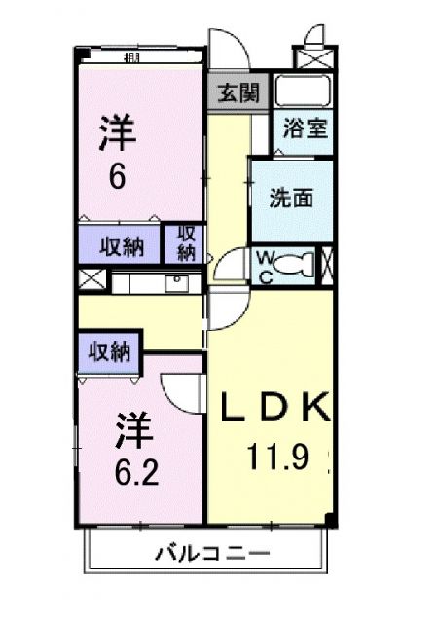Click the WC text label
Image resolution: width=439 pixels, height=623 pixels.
pyautogui.click(x=265, y=265)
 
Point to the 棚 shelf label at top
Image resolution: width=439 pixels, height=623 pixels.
pyautogui.click(x=130, y=57)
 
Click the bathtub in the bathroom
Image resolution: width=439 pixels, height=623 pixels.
pyautogui.click(x=303, y=91)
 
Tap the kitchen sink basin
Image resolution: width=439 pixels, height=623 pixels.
pyautogui.click(x=177, y=282)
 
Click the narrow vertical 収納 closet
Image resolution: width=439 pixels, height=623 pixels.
pyautogui.click(x=185, y=242)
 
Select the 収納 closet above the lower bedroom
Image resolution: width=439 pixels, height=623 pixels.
pyautogui.click(x=110, y=351)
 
